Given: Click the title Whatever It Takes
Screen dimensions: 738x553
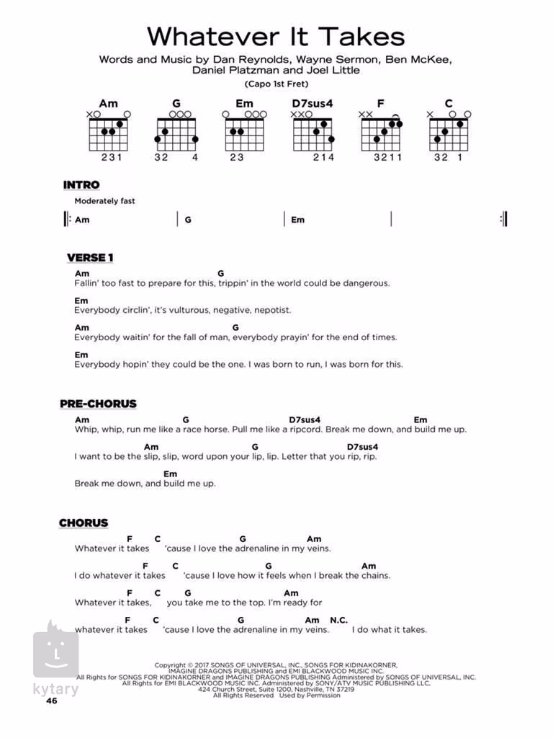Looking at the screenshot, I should (276, 36).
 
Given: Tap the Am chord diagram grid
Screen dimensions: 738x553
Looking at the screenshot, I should (108, 133).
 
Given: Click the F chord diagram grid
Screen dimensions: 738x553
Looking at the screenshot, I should (380, 133).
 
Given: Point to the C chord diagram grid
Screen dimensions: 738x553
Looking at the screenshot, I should (448, 133).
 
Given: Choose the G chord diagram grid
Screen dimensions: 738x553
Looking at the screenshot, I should (176, 133).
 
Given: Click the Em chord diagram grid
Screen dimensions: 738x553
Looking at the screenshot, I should (244, 133).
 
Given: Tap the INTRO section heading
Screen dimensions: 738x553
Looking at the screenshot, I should (81, 185).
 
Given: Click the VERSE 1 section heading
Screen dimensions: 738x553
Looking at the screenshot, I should (90, 257).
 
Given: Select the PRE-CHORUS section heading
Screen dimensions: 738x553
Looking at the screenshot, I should (98, 404).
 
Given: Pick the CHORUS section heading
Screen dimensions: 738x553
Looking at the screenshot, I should (84, 523).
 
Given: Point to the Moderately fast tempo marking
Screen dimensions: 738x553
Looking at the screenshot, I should (104, 201).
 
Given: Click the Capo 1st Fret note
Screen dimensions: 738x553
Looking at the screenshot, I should (276, 84).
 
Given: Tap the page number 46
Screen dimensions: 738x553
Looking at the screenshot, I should (50, 701).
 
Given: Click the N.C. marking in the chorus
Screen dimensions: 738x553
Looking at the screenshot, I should (338, 620).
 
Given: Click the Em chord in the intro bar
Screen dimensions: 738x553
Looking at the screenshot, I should (297, 220).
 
